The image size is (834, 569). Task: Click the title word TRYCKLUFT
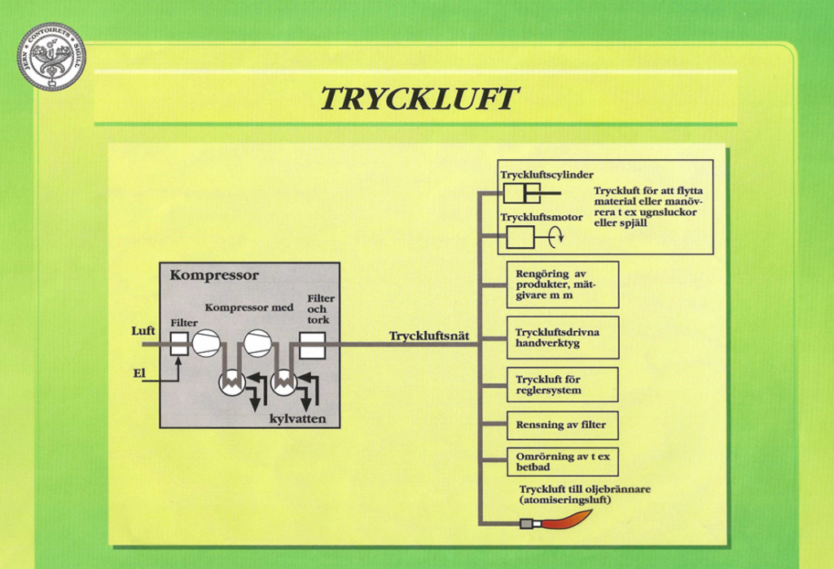click(x=419, y=99)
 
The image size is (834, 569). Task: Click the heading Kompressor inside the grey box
click(x=214, y=276)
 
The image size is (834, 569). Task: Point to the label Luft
click(x=143, y=332)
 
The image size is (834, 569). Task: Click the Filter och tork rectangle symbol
click(x=313, y=349)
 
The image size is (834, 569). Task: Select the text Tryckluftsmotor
click(x=541, y=218)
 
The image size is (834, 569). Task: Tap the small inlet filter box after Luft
click(x=179, y=344)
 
